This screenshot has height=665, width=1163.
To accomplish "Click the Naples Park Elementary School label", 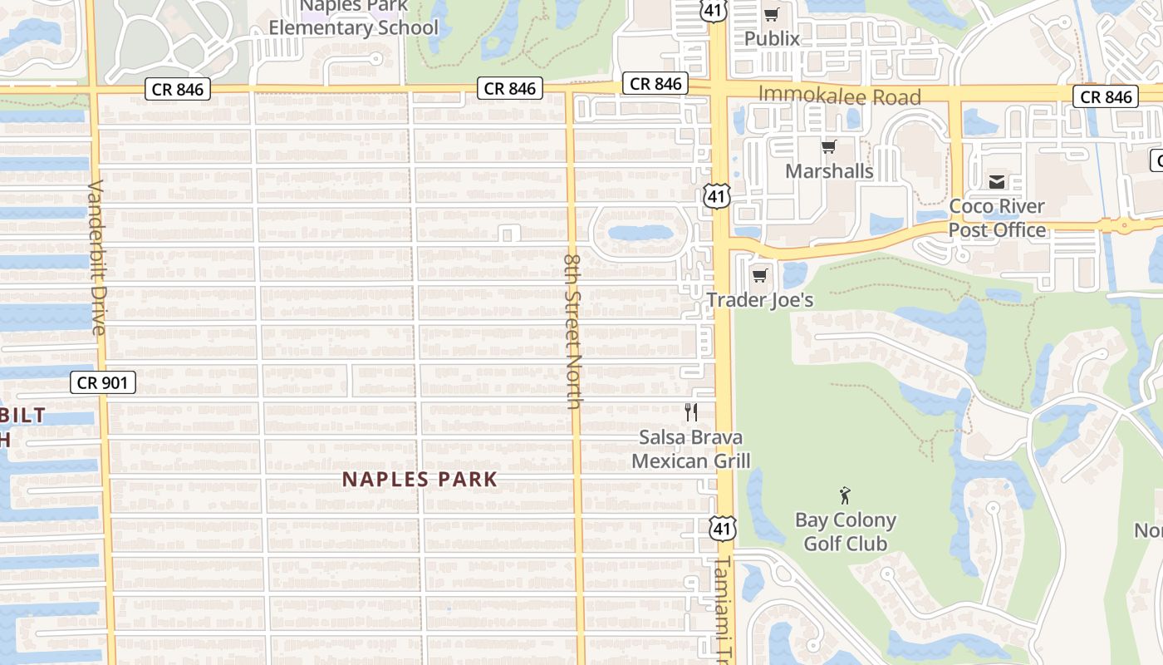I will (353, 18).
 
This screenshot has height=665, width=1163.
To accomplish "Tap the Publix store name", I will (772, 38).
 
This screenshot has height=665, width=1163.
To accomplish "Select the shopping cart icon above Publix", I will (772, 14).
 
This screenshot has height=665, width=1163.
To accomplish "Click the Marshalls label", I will (829, 171).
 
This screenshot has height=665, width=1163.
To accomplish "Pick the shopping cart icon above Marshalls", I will (828, 147).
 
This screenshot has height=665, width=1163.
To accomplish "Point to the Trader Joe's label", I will (760, 299).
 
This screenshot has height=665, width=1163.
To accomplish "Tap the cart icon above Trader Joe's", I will (760, 275).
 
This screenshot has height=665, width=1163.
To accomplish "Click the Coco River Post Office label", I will (997, 218).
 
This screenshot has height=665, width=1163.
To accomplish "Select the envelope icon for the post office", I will (997, 181).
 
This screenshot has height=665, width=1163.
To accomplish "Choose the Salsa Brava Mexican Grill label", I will (691, 449).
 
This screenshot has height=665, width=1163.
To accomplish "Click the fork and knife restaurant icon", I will (690, 411).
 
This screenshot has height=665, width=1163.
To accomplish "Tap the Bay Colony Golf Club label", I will (846, 532).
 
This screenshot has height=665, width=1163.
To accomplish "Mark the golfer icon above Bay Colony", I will (846, 496).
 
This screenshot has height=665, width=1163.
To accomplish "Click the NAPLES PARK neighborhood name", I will (420, 480).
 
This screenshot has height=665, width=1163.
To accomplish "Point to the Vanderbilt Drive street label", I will (98, 258).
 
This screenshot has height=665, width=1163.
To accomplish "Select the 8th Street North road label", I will (573, 330).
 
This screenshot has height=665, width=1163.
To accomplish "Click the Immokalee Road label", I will (840, 96).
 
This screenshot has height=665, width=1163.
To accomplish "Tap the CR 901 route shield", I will (102, 382).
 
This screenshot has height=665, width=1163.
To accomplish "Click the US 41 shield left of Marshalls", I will (716, 197).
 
